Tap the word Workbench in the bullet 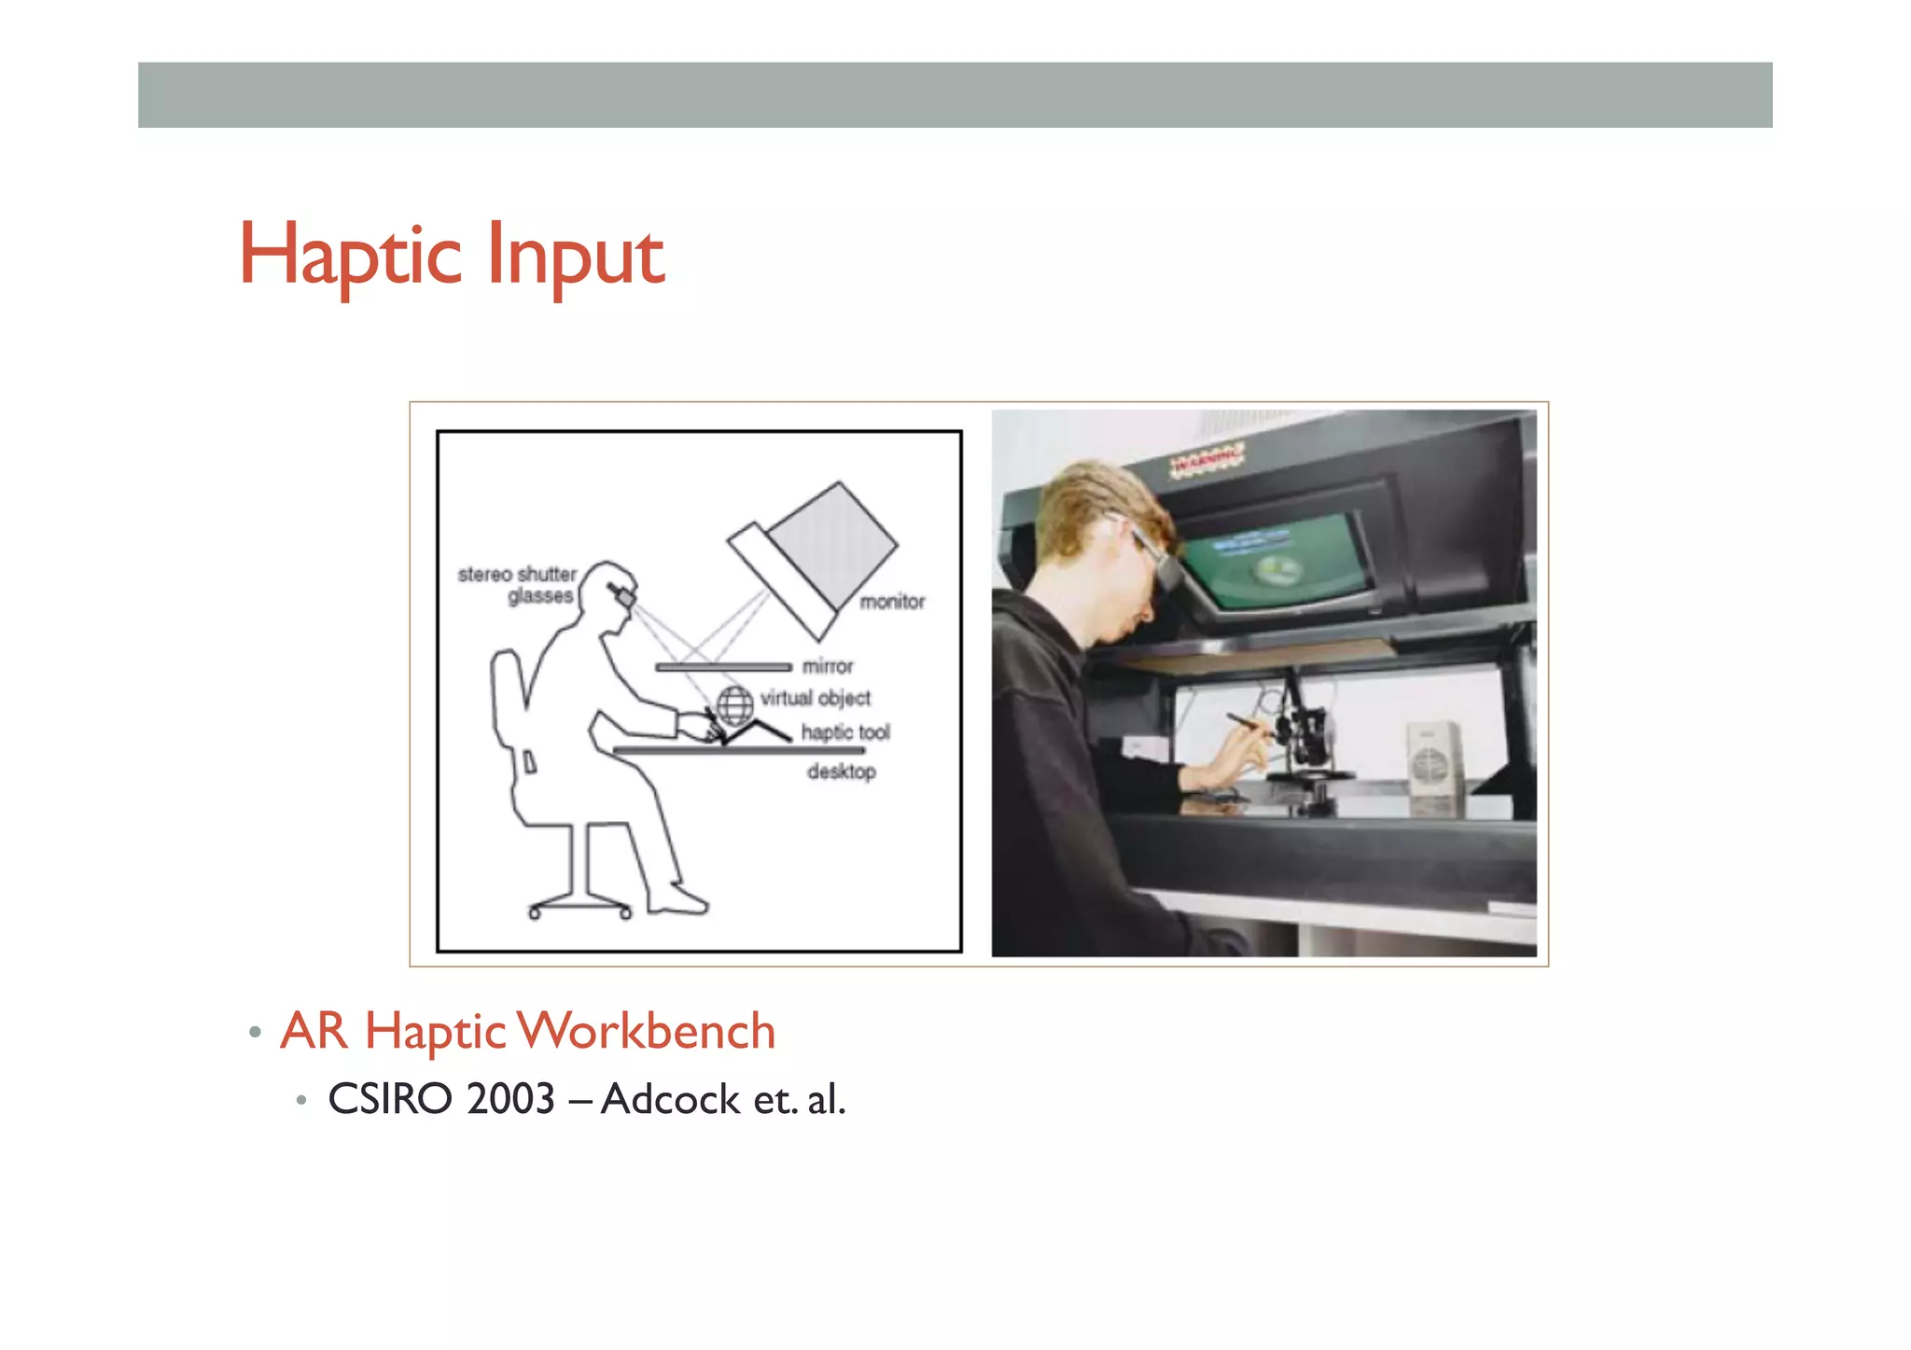[647, 1031]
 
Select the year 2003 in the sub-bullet [511, 1099]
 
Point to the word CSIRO [390, 1099]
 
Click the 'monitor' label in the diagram [892, 602]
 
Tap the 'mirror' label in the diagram [828, 666]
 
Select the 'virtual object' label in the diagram [816, 698]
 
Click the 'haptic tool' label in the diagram [845, 732]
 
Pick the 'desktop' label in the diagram [842, 772]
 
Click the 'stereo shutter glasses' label [519, 585]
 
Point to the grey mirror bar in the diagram [723, 667]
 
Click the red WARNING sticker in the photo [1208, 460]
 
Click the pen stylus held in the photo [1249, 727]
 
